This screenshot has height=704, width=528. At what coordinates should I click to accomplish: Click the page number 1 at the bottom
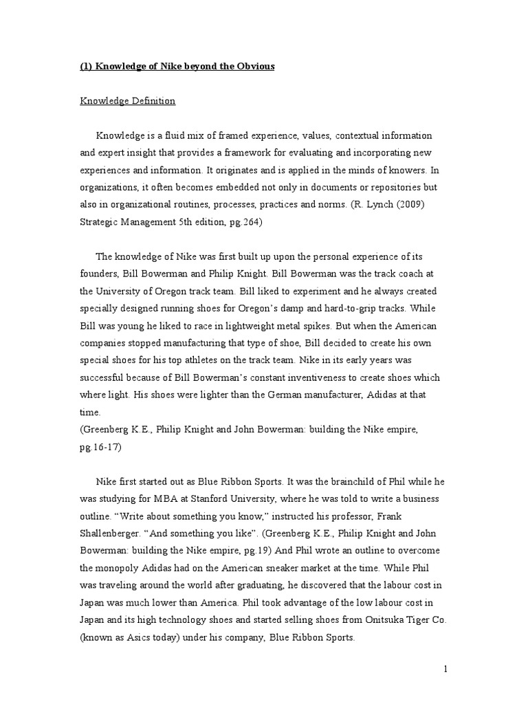445,669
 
